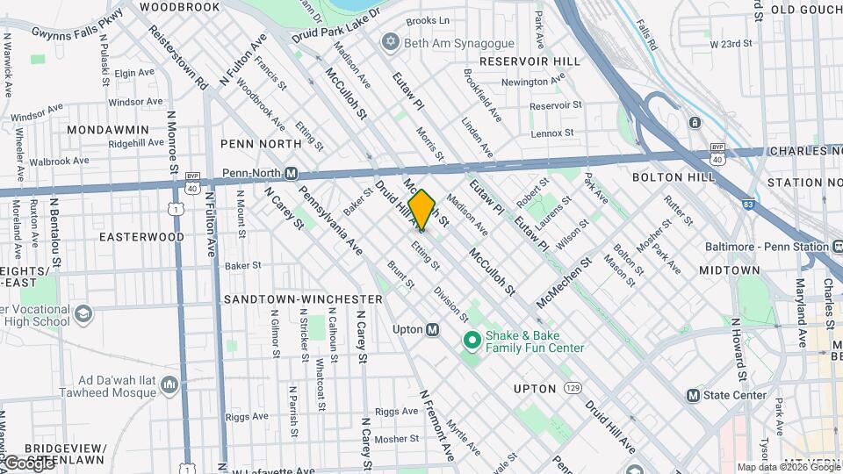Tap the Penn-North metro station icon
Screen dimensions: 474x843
click(x=291, y=174)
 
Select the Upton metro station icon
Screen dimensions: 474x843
click(x=432, y=330)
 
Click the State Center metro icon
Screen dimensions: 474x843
click(x=693, y=395)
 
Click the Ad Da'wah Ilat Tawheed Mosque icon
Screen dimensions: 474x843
click(x=169, y=384)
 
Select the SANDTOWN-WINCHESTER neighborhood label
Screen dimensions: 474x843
click(x=303, y=299)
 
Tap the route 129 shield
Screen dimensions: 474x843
click(x=573, y=387)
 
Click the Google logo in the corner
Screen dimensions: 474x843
click(x=28, y=462)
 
